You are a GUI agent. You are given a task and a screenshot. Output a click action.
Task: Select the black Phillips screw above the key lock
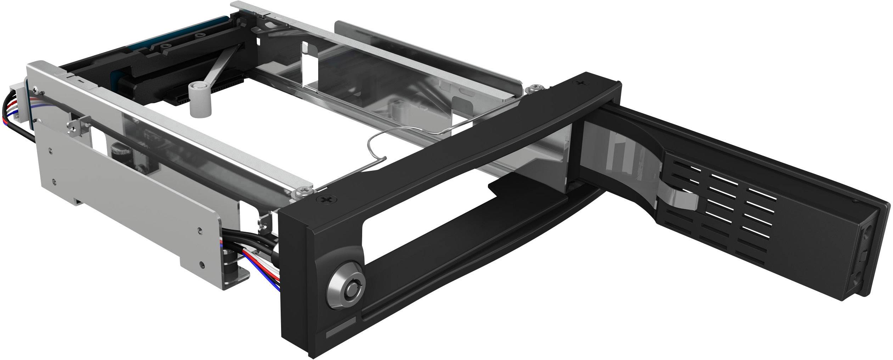point(326,199)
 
